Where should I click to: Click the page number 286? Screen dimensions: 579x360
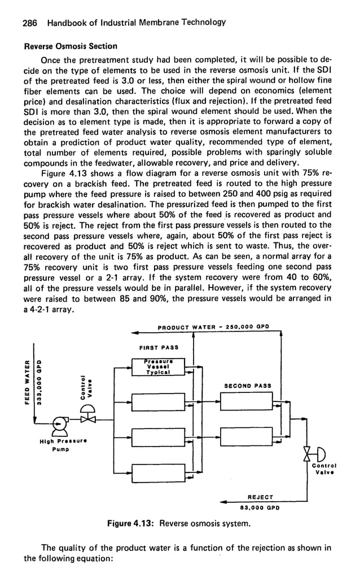[x=29, y=23]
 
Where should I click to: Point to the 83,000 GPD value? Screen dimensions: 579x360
[x=261, y=507]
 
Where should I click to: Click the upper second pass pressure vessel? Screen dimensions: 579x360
[x=246, y=402]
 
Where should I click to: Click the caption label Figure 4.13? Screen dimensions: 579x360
[x=131, y=523]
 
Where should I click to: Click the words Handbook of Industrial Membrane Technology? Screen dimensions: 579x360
[x=137, y=23]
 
